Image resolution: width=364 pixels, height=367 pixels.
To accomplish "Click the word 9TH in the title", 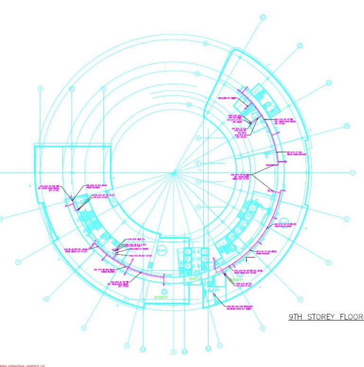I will (x=297, y=317).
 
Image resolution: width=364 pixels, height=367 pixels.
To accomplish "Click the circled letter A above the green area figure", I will (x=164, y=291).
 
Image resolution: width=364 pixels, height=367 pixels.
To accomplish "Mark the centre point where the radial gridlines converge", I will (x=174, y=173).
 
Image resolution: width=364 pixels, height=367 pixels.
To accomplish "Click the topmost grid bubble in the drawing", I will (x=263, y=18).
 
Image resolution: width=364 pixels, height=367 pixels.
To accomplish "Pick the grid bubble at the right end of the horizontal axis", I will (x=353, y=173).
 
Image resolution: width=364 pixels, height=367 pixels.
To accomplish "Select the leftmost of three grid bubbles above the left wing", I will (x=40, y=89).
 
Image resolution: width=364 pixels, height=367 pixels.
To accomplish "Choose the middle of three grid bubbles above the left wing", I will (x=72, y=89).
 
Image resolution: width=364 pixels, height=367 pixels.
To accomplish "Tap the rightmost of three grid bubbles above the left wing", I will (x=103, y=89).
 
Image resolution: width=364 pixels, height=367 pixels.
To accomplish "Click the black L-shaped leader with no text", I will (x=250, y=258).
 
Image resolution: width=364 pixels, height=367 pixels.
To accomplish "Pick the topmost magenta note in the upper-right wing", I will (x=227, y=98).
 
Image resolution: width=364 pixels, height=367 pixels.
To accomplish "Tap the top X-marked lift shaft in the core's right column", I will (x=205, y=252).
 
